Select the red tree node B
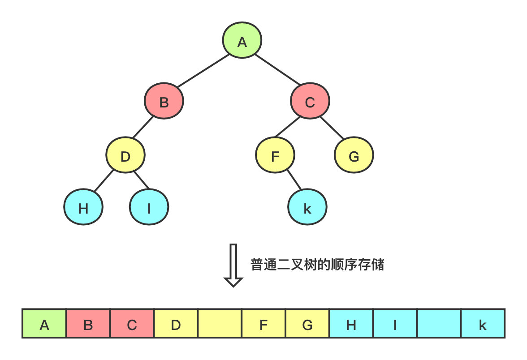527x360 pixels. click(x=164, y=103)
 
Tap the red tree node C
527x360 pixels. click(x=310, y=103)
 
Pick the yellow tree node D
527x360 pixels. click(x=125, y=156)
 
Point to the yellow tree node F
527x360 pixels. click(x=275, y=156)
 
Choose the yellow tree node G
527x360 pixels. click(x=354, y=156)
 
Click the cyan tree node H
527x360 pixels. click(x=83, y=208)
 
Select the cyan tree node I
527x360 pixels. click(x=149, y=208)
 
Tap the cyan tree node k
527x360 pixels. click(x=307, y=208)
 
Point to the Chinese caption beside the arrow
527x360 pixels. click(x=317, y=265)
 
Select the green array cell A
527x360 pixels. click(x=44, y=323)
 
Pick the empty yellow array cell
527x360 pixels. click(x=220, y=323)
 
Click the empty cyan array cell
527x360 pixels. click(x=439, y=323)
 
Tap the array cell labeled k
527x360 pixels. click(x=483, y=323)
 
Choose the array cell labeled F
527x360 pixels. click(x=263, y=323)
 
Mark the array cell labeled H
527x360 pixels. click(x=351, y=323)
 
